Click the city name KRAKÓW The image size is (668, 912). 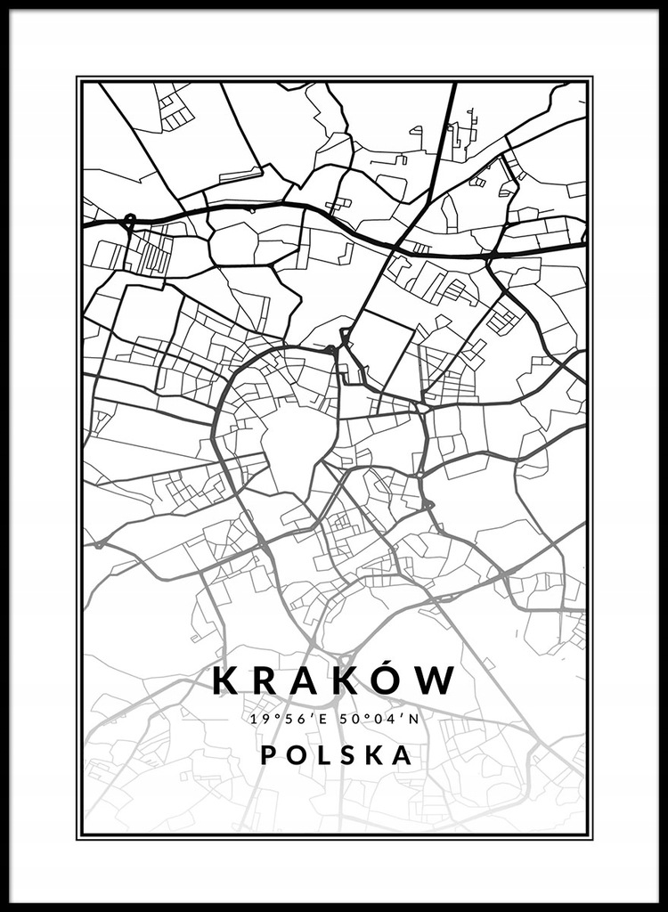(x=334, y=681)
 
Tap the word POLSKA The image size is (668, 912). (x=336, y=755)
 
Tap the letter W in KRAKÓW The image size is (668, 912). (x=436, y=682)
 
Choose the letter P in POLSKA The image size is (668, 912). (x=268, y=755)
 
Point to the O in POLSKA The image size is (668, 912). (x=296, y=755)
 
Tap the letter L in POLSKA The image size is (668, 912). (x=322, y=755)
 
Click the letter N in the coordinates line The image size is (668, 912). (x=413, y=719)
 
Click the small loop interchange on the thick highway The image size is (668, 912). (x=129, y=219)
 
